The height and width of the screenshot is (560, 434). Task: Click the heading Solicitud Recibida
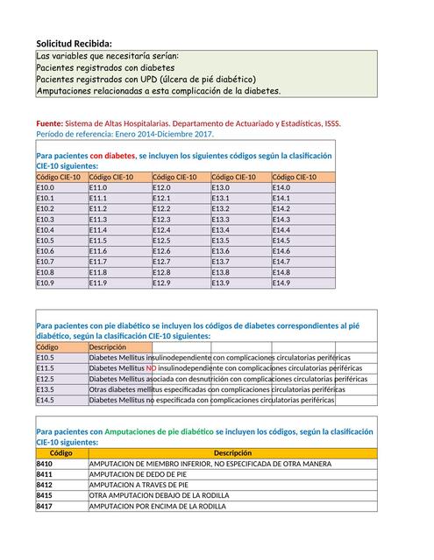74,44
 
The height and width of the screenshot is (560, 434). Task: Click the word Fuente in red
50,123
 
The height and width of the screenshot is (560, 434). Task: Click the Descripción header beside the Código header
108,346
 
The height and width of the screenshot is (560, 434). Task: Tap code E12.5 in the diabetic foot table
46,379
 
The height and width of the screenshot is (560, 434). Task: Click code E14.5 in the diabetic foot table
46,400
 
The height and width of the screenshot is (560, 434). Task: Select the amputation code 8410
45,464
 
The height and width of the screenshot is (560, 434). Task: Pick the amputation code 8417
45,506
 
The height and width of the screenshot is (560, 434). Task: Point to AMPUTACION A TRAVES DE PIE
139,485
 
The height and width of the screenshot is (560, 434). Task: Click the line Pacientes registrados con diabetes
105,67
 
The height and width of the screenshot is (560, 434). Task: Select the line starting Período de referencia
125,134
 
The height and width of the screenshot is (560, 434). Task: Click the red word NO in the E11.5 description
151,368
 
